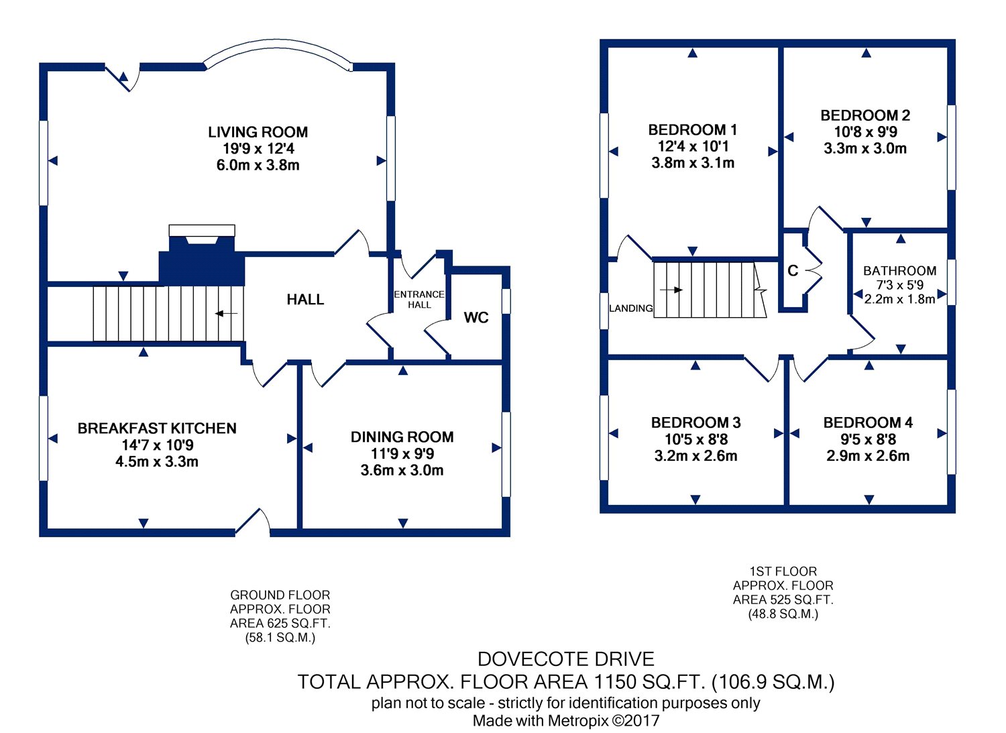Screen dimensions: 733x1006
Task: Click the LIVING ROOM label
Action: [258, 132]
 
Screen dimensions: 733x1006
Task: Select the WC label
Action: [476, 318]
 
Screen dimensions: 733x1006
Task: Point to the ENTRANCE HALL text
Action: [419, 299]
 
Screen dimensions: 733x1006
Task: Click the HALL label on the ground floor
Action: [305, 300]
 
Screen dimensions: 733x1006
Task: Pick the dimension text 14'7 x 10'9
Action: [157, 445]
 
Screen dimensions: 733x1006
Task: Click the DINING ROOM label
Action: [402, 437]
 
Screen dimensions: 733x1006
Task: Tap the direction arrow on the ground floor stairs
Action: [227, 313]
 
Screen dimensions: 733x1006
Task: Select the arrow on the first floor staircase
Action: [671, 290]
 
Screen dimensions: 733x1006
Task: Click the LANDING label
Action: [630, 308]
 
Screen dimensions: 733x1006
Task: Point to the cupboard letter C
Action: [793, 271]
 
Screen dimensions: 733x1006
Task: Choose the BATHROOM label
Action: [899, 271]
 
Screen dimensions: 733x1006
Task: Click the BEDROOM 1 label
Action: [692, 129]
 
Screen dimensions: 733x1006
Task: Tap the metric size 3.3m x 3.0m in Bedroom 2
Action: [865, 149]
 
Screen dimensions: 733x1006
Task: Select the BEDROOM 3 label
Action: [695, 422]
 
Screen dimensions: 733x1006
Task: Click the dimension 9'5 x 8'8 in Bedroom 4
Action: [868, 440]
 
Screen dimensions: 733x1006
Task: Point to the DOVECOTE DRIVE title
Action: [565, 659]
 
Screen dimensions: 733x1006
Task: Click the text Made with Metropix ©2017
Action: [565, 721]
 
